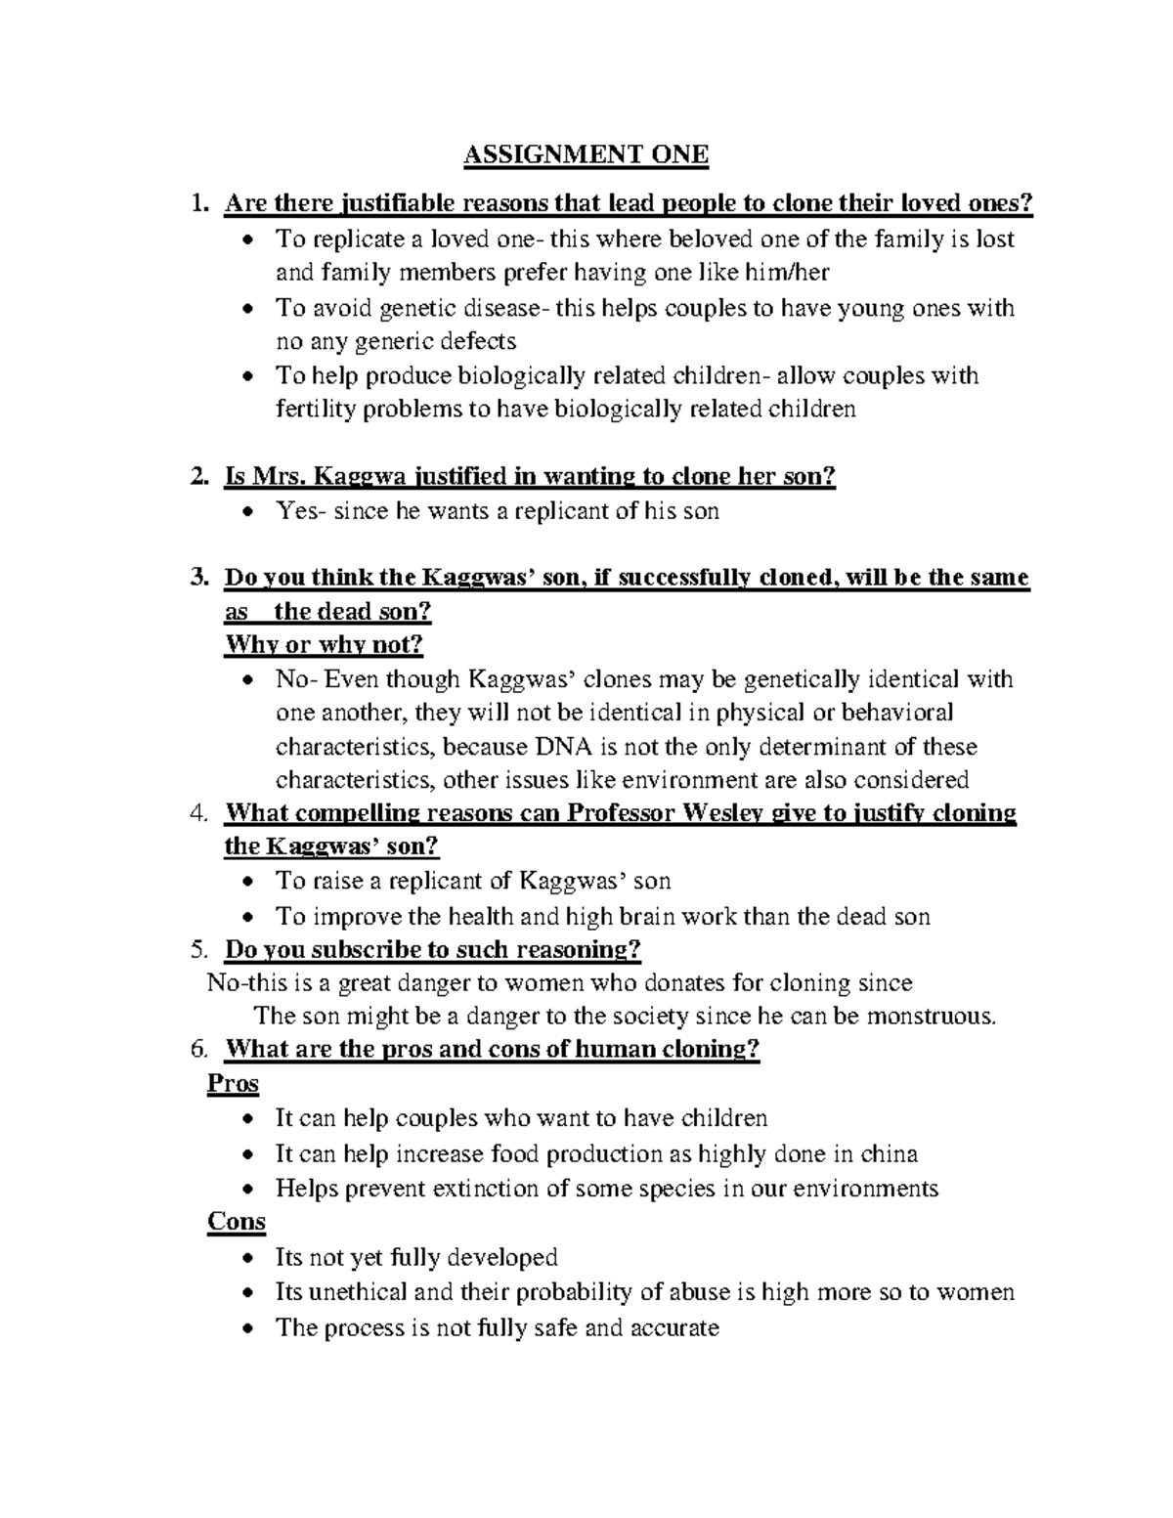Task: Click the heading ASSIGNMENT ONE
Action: pos(586,154)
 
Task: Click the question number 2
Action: pos(199,476)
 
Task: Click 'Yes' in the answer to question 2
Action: pos(296,510)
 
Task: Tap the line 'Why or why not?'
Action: pos(324,645)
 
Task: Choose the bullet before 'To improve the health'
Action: pos(251,917)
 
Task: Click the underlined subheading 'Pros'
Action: pos(233,1083)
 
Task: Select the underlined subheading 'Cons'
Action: pos(237,1222)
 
